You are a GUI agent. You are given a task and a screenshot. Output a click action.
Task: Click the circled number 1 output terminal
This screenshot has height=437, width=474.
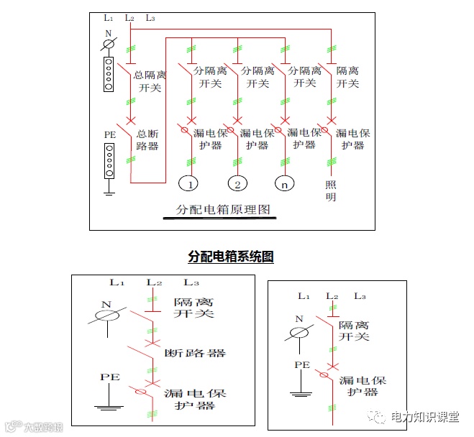pyautogui.click(x=188, y=184)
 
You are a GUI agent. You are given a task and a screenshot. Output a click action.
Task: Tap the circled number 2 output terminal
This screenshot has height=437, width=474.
pyautogui.click(x=238, y=184)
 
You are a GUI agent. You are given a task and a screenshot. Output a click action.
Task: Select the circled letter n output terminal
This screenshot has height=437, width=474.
pyautogui.click(x=286, y=184)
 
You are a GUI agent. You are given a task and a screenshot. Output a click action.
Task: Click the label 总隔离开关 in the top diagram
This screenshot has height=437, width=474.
pyautogui.click(x=152, y=81)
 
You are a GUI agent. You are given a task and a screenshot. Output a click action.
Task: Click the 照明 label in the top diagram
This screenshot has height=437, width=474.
pyautogui.click(x=330, y=190)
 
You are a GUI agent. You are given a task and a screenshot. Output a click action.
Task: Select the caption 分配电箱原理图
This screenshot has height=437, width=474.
pyautogui.click(x=222, y=211)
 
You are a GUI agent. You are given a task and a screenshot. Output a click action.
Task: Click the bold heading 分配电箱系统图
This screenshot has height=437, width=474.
pyautogui.click(x=231, y=257)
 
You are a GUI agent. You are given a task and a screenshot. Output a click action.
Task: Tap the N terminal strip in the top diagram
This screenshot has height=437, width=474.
pyautogui.click(x=109, y=74)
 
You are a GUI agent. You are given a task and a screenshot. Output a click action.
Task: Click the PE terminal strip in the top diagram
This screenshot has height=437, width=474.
pyautogui.click(x=109, y=160)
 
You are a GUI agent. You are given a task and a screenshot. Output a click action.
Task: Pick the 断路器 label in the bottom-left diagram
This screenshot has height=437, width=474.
pyautogui.click(x=195, y=353)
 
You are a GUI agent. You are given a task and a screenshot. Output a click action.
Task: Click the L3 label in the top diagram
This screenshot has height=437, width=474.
pyautogui.click(x=150, y=17)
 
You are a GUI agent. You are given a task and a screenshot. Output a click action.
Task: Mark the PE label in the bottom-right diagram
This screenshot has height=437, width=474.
pyautogui.click(x=302, y=365)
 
